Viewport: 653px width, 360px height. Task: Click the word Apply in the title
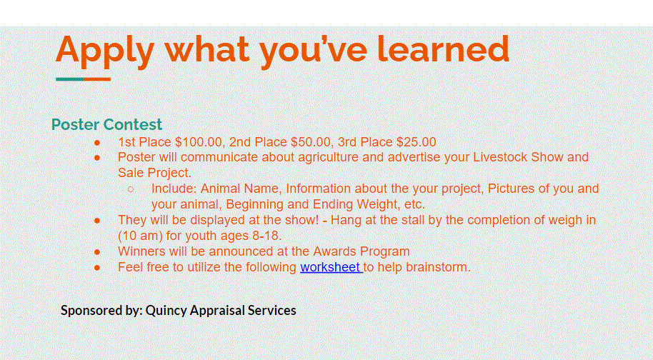point(105,51)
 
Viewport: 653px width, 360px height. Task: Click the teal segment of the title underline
point(69,79)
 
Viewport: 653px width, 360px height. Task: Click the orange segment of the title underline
point(97,79)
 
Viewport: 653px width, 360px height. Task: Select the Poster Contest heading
point(106,124)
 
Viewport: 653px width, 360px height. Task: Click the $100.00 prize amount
point(199,142)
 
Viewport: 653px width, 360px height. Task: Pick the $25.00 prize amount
point(416,142)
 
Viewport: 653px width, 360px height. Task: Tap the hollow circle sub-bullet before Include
point(130,189)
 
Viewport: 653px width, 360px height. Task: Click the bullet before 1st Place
point(97,143)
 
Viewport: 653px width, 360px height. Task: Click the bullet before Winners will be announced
point(97,252)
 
